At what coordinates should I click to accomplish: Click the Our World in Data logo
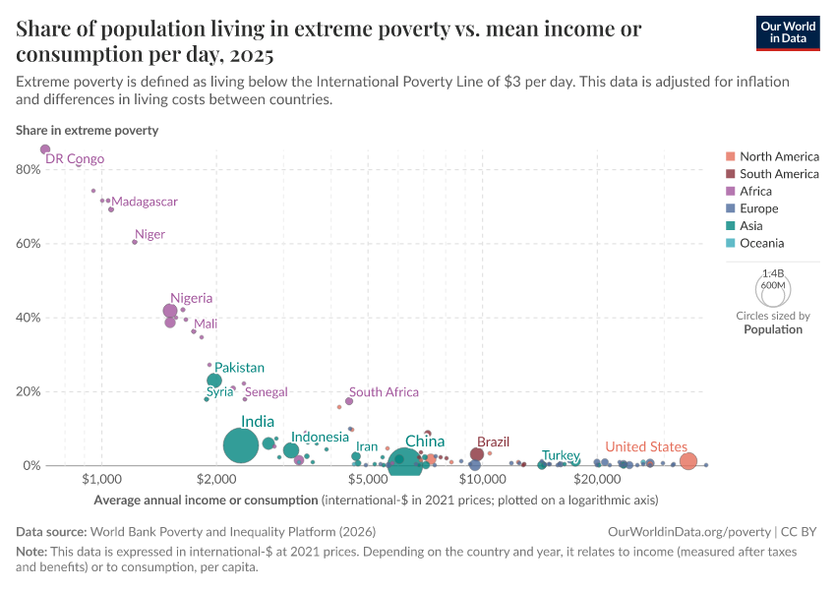pyautogui.click(x=788, y=32)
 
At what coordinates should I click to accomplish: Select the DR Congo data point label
pyautogui.click(x=75, y=159)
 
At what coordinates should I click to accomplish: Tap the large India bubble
pyautogui.click(x=240, y=445)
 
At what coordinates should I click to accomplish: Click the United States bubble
pyautogui.click(x=688, y=461)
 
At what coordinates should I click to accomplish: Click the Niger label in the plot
pyautogui.click(x=149, y=234)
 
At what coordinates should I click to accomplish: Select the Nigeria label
pyautogui.click(x=191, y=298)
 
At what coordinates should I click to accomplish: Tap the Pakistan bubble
pyautogui.click(x=214, y=381)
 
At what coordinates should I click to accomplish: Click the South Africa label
pyautogui.click(x=384, y=392)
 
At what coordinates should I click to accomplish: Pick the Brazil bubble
pyautogui.click(x=477, y=454)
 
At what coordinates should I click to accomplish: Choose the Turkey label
pyautogui.click(x=561, y=455)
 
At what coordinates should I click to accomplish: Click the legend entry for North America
pyautogui.click(x=779, y=156)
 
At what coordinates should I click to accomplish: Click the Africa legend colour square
pyautogui.click(x=729, y=192)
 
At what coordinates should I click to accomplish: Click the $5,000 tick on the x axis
pyautogui.click(x=368, y=479)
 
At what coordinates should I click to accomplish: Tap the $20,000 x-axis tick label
pyautogui.click(x=596, y=479)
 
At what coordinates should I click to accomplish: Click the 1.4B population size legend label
pyautogui.click(x=773, y=274)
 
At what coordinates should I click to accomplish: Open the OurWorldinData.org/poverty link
pyautogui.click(x=689, y=531)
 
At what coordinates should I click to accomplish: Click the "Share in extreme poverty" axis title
pyautogui.click(x=87, y=130)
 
